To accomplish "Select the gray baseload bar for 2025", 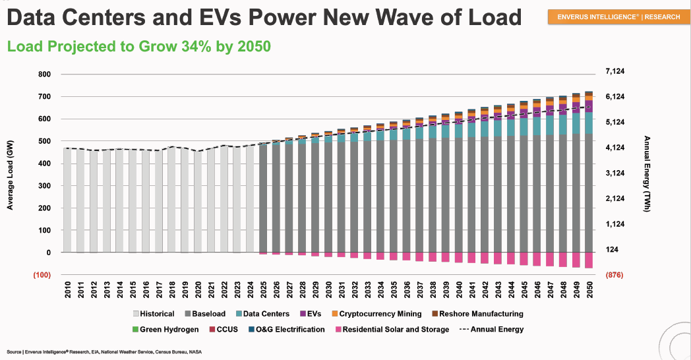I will pyautogui.click(x=264, y=198).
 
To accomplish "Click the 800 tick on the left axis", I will pyautogui.click(x=44, y=75).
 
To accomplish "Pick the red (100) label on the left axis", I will pyautogui.click(x=41, y=274).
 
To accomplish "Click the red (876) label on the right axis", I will pyautogui.click(x=614, y=274).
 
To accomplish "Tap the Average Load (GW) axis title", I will pyautogui.click(x=11, y=179).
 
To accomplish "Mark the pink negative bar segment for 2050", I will pyautogui.click(x=589, y=260).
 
